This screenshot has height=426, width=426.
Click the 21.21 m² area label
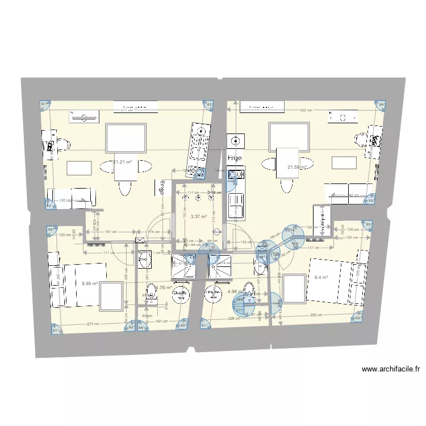[x=123, y=162]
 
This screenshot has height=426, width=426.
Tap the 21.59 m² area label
[x=297, y=167]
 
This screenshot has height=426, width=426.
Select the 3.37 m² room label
[x=198, y=216]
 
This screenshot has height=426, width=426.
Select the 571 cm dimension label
[x=126, y=111]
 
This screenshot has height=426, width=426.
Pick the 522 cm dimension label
[x=306, y=110]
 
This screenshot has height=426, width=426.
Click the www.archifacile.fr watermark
[x=391, y=370]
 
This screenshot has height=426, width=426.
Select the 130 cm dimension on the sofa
[x=65, y=200]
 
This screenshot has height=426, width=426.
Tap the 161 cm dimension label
[x=161, y=322]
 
